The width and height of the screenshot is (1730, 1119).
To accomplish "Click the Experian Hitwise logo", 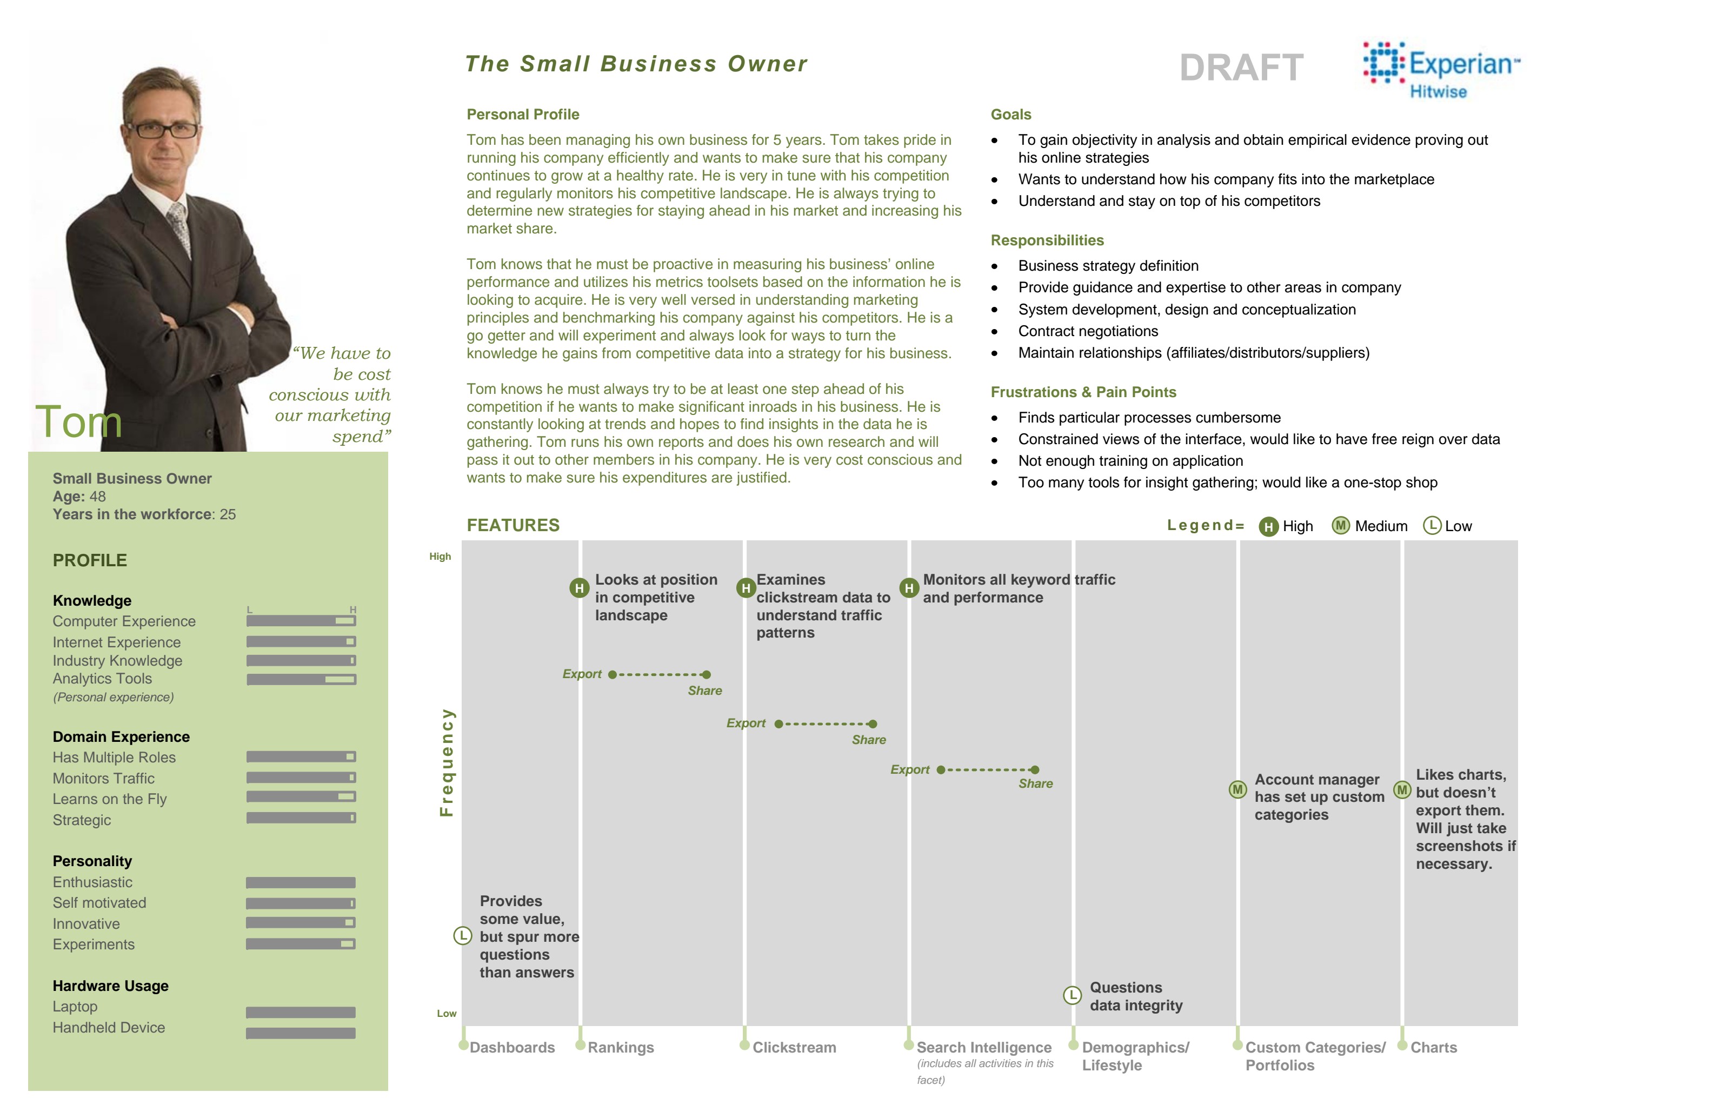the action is [x=1441, y=70].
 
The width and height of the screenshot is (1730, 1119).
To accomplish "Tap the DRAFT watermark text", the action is [x=1241, y=68].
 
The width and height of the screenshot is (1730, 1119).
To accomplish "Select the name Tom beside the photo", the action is [x=78, y=421].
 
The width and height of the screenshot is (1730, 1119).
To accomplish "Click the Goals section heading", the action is [x=1010, y=115].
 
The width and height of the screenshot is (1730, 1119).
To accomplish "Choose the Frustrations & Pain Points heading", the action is [x=1083, y=392].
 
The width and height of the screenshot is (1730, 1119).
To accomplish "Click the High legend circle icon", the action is [x=1268, y=527].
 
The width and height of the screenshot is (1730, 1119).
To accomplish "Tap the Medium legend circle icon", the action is [x=1340, y=525].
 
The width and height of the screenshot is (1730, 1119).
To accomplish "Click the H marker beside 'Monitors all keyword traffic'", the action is [x=909, y=588].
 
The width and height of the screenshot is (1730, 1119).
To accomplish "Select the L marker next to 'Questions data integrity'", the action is [x=1072, y=995].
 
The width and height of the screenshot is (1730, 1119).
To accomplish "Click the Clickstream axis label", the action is [x=794, y=1048].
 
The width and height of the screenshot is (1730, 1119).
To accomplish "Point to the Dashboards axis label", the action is [x=512, y=1048].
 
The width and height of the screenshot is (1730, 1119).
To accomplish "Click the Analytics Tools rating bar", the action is [x=301, y=679].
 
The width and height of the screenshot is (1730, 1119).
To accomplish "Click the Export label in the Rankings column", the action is [x=582, y=674].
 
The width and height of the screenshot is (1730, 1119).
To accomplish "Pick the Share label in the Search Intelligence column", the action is [x=1035, y=784].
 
